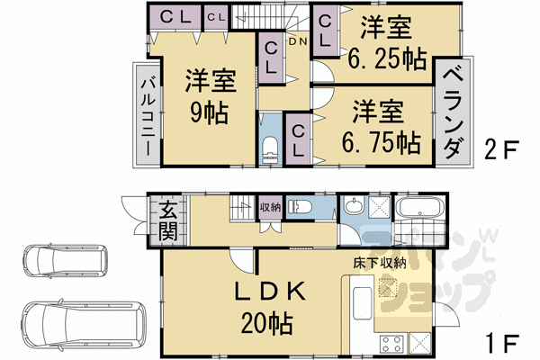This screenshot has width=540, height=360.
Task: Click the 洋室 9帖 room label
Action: pyautogui.click(x=209, y=97)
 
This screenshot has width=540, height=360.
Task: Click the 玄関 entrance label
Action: pyautogui.click(x=169, y=221)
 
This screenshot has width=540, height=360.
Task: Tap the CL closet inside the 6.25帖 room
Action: pyautogui.click(x=325, y=34)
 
